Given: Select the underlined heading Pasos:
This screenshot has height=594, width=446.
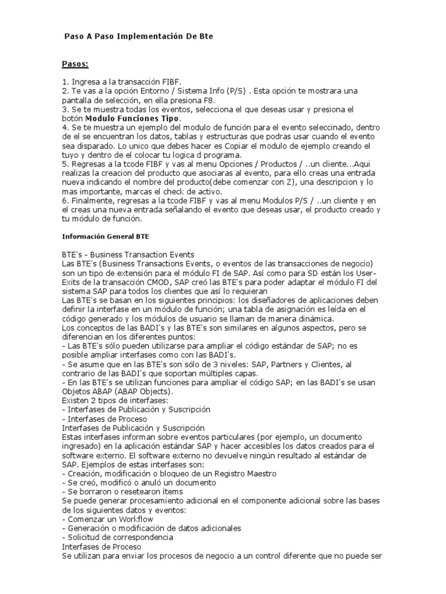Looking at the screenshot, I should click(75, 64).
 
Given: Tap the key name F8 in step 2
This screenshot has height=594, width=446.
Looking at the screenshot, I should click(182, 100).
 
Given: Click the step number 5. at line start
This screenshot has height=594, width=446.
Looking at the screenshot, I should click(66, 164).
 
